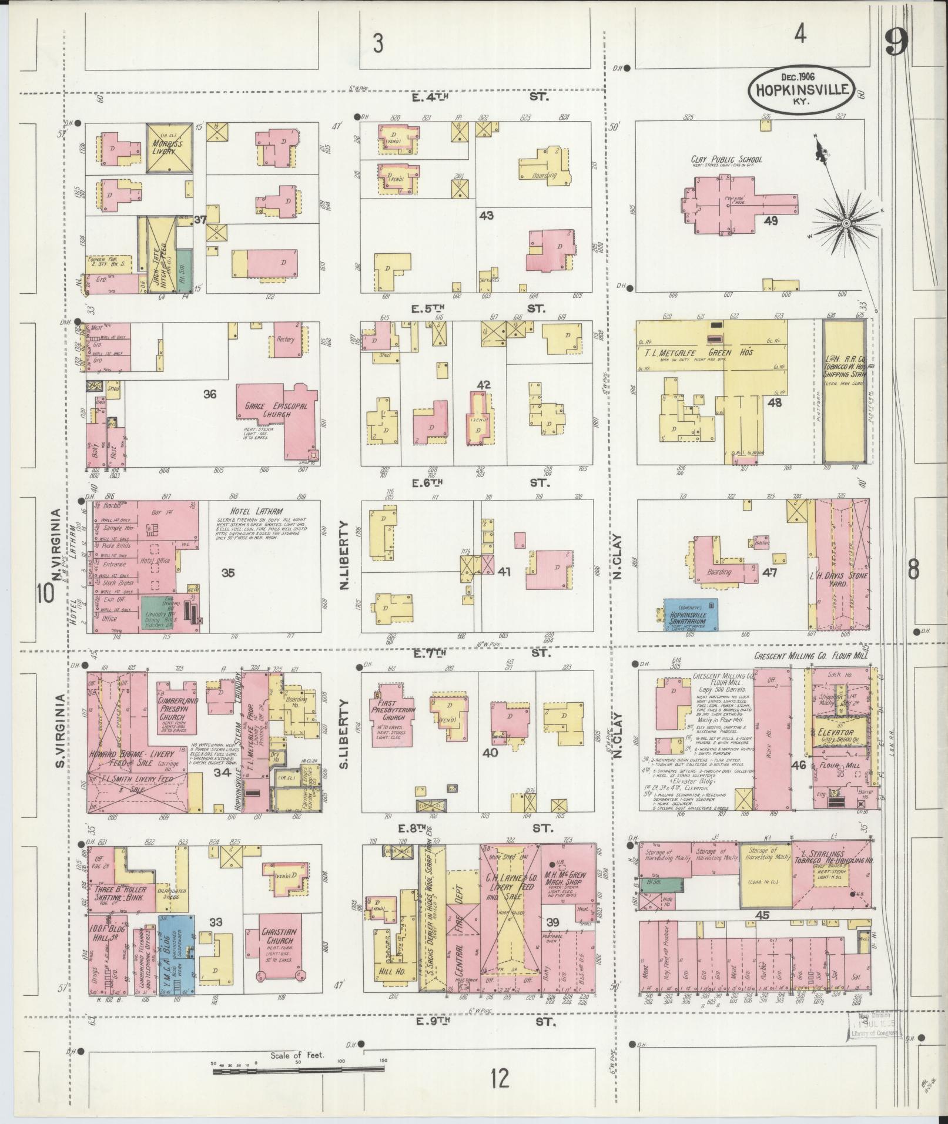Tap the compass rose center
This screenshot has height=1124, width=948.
[x=846, y=224]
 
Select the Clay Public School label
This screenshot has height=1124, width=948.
[x=726, y=159]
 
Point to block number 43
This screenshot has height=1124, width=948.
[x=486, y=216]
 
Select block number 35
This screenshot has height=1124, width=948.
[x=228, y=572]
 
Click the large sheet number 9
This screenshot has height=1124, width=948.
[x=896, y=41]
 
